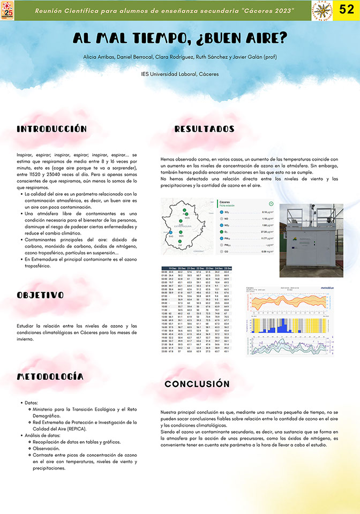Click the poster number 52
pyautogui.click(x=347, y=10)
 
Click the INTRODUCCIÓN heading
pyautogui.click(x=51, y=129)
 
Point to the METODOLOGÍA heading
pyautogui.click(x=50, y=376)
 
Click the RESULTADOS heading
pyautogui.click(x=204, y=129)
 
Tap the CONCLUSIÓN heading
pyautogui.click(x=197, y=384)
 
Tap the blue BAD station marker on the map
pyautogui.click(x=171, y=231)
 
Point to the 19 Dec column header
pyautogui.click(x=173, y=268)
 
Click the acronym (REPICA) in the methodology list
pyautogui.click(x=76, y=429)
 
